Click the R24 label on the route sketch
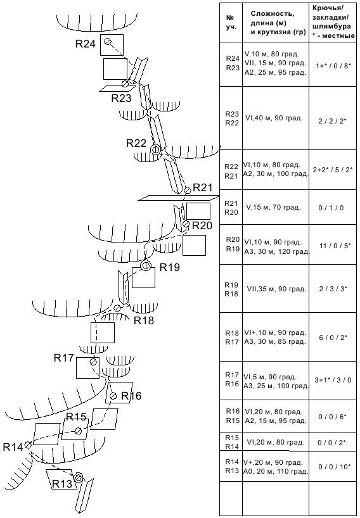86,44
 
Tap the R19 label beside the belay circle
170,267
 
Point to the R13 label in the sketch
62,484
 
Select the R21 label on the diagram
203,187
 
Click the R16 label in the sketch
131,396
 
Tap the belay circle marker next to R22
155,149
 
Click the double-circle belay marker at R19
145,265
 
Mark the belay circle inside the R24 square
108,41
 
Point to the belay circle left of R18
117,308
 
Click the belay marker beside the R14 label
28,445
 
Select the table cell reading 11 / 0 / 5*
333,246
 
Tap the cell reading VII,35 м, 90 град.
276,289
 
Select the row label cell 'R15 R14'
232,442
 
